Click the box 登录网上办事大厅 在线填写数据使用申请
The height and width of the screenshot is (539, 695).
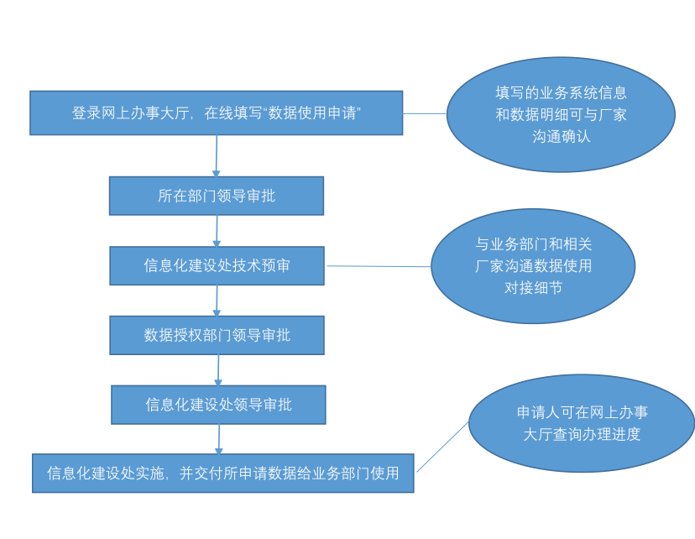click(216, 113)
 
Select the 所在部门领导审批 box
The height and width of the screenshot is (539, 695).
click(216, 196)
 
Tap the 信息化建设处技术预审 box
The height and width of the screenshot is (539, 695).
click(217, 265)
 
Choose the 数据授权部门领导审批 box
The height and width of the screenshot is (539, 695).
click(217, 335)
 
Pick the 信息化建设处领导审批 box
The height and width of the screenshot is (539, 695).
click(218, 405)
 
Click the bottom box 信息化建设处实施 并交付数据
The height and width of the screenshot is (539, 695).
click(222, 474)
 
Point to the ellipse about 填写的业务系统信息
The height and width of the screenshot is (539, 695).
click(561, 114)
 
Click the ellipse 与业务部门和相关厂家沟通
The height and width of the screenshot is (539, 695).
click(533, 265)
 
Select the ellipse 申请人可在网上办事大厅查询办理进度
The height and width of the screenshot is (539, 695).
click(582, 423)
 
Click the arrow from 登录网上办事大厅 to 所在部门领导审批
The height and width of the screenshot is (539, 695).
click(217, 156)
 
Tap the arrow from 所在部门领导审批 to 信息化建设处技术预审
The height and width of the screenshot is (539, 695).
click(217, 231)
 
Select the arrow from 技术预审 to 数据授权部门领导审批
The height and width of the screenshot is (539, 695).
click(217, 301)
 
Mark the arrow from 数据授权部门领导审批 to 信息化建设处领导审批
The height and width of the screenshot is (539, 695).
click(218, 370)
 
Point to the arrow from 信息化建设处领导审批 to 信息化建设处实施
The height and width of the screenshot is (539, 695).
click(219, 439)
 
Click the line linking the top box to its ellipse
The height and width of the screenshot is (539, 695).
click(425, 113)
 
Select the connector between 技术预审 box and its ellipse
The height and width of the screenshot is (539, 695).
click(379, 266)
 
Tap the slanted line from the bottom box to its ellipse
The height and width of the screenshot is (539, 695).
click(442, 447)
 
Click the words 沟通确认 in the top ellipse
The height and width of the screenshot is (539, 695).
click(561, 136)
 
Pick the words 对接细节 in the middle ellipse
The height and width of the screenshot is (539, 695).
click(533, 288)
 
